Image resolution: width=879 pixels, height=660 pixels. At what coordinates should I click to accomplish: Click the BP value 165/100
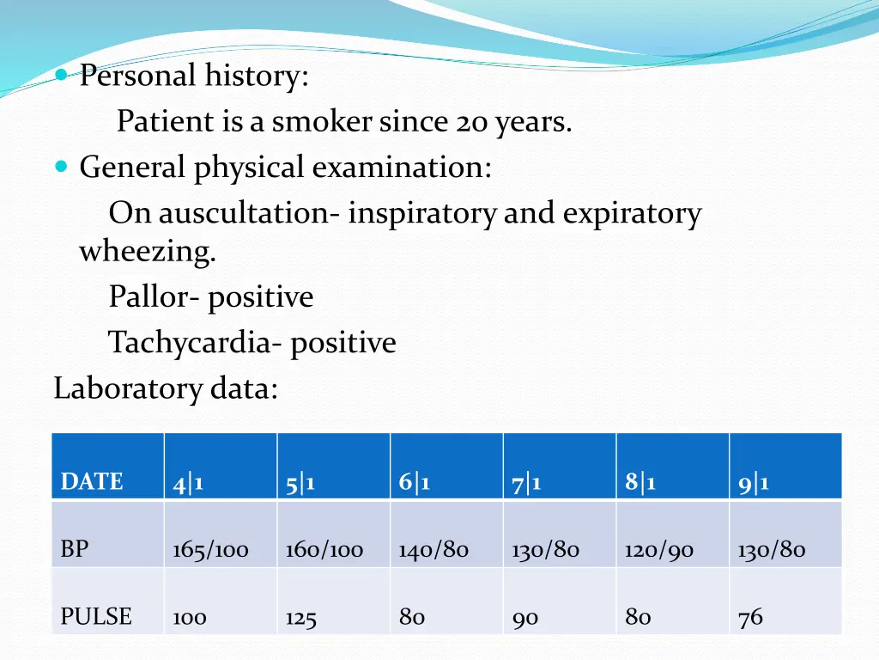(210, 550)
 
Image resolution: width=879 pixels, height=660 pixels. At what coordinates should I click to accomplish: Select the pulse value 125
(300, 618)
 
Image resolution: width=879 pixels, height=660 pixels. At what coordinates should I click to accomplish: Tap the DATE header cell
(92, 482)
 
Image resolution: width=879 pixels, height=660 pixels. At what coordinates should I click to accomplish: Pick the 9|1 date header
(753, 484)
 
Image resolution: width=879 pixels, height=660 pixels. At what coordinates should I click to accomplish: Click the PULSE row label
(96, 617)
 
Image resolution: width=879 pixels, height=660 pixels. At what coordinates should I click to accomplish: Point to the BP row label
(75, 549)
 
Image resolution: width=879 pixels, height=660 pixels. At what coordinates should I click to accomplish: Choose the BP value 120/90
(658, 550)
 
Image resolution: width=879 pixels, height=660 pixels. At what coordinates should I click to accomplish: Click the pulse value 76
(749, 617)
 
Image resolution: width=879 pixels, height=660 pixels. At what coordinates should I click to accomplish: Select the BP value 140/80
(433, 550)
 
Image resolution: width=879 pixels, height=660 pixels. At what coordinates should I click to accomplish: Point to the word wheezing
(148, 253)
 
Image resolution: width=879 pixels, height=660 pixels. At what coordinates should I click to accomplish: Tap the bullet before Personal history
(61, 75)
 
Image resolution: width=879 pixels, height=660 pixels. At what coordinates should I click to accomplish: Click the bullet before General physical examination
(61, 166)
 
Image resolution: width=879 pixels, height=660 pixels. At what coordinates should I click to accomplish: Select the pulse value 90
(524, 618)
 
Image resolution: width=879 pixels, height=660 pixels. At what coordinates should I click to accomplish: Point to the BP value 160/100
(324, 550)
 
